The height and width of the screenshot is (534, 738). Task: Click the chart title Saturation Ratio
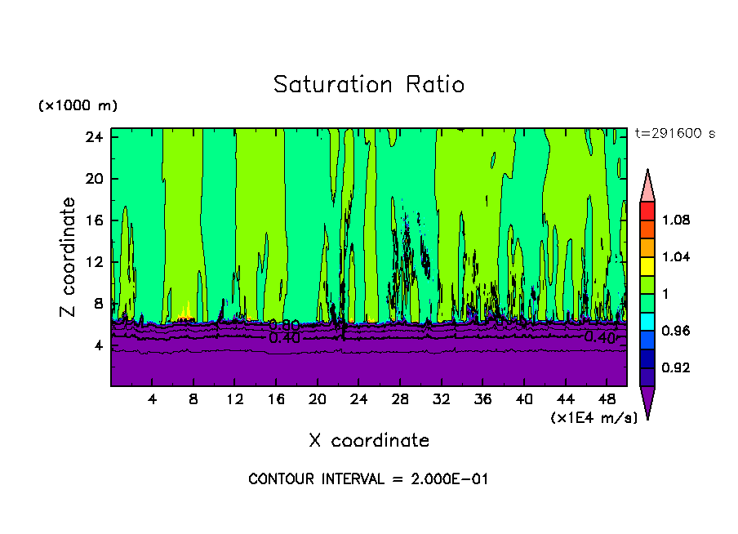pyautogui.click(x=368, y=85)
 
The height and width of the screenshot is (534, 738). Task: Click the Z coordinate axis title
pyautogui.click(x=69, y=257)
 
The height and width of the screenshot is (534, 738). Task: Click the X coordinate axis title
pyautogui.click(x=369, y=441)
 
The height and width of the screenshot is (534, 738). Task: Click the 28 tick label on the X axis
pyautogui.click(x=400, y=399)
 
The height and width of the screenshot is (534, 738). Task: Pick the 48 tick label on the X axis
pyautogui.click(x=607, y=399)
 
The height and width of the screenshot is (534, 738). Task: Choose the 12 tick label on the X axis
pyautogui.click(x=235, y=399)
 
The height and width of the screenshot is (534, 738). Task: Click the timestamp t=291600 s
pyautogui.click(x=674, y=134)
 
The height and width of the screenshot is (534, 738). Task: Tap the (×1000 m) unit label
pyautogui.click(x=78, y=106)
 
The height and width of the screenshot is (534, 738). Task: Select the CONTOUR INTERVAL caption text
pyautogui.click(x=368, y=479)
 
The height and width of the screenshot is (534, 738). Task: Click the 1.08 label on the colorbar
pyautogui.click(x=677, y=220)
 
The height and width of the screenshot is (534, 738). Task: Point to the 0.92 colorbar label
pyautogui.click(x=677, y=368)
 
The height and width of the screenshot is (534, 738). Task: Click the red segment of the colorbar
pyautogui.click(x=647, y=210)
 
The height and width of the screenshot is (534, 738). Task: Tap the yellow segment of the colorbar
pyautogui.click(x=647, y=265)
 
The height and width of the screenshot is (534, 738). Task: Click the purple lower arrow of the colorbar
pyautogui.click(x=647, y=400)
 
